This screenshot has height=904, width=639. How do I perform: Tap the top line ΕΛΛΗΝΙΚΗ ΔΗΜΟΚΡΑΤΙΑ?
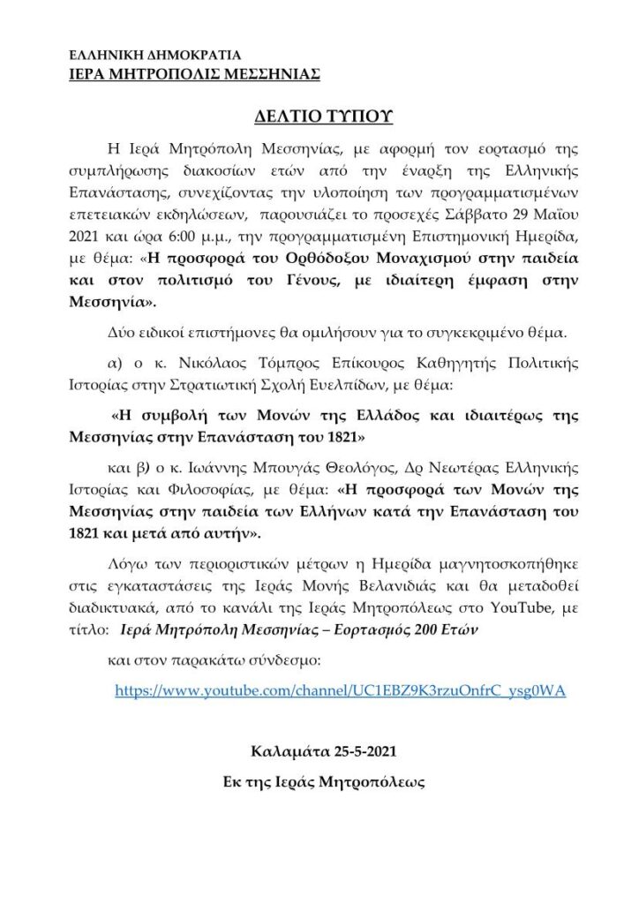click(152, 56)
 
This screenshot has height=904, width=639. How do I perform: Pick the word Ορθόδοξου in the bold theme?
click(302, 260)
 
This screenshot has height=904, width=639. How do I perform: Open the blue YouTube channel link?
click(340, 691)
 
